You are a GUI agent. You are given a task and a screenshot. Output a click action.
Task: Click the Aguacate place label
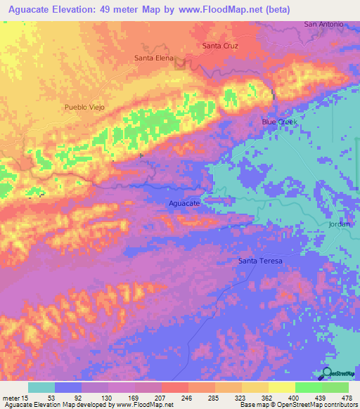click(186, 203)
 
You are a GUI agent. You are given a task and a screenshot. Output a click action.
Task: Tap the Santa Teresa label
click(260, 261)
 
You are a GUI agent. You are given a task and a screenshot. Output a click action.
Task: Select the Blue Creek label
click(280, 122)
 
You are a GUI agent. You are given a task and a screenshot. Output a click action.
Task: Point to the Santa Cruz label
click(220, 46)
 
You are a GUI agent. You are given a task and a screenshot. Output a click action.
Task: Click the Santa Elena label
click(153, 58)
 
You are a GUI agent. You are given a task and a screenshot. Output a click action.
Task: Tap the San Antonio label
click(323, 24)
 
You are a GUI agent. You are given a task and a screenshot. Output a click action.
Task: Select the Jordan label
click(343, 223)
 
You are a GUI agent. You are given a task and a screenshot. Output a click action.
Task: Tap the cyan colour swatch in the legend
click(41, 387)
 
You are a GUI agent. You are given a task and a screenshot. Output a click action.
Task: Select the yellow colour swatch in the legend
click(282, 387)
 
